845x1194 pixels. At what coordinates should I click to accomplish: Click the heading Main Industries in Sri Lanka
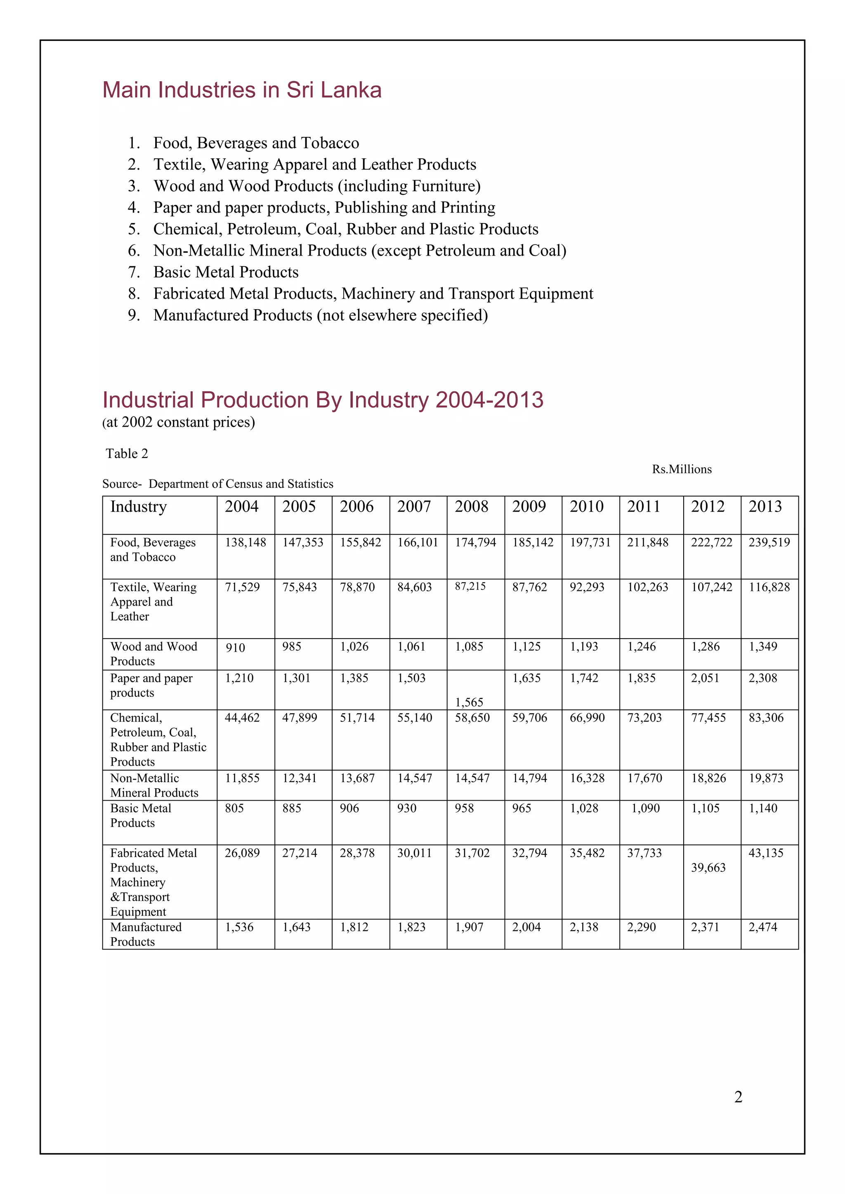pyautogui.click(x=242, y=90)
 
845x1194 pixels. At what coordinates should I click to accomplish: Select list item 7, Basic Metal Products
pyautogui.click(x=225, y=272)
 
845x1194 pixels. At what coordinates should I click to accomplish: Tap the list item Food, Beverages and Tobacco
pyautogui.click(x=255, y=143)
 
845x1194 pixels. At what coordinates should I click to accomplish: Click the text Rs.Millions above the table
pyautogui.click(x=682, y=469)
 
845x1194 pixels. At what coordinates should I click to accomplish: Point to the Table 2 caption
pyautogui.click(x=127, y=454)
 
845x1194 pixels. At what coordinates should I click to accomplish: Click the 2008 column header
pyautogui.click(x=472, y=507)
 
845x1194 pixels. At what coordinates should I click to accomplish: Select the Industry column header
pyautogui.click(x=138, y=507)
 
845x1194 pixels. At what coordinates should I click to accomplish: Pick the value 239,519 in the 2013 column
pyautogui.click(x=769, y=543)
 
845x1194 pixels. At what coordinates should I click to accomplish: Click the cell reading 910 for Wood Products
pyautogui.click(x=235, y=647)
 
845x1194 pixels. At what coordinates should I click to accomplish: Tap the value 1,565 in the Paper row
pyautogui.click(x=469, y=702)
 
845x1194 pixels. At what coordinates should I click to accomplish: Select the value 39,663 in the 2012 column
pyautogui.click(x=708, y=867)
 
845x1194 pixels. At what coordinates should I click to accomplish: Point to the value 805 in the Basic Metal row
pyautogui.click(x=234, y=808)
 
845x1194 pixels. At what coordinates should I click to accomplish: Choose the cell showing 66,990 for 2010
pyautogui.click(x=587, y=718)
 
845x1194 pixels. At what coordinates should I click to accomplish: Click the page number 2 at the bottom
pyautogui.click(x=738, y=1097)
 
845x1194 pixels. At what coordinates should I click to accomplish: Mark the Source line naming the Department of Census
pyautogui.click(x=217, y=484)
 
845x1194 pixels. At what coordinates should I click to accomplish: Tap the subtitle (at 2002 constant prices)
pyautogui.click(x=179, y=422)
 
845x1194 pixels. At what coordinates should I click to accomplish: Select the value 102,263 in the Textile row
pyautogui.click(x=647, y=587)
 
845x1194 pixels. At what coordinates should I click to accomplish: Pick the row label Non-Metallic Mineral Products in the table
pyautogui.click(x=154, y=785)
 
